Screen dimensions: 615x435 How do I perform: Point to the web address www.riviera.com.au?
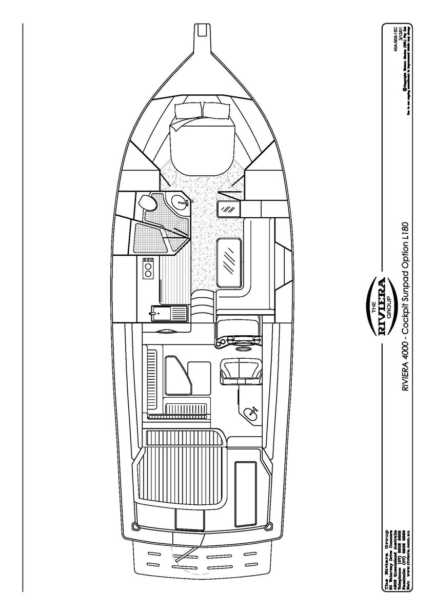(x=409, y=561)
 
